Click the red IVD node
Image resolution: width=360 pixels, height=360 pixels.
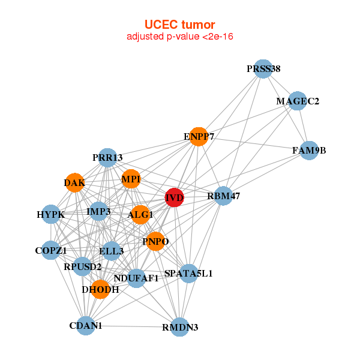pos(174,198)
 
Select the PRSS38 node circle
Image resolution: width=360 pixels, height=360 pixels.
pos(263,69)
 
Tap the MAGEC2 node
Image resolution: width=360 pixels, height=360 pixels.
pos(298,101)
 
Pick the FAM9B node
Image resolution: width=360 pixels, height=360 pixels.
pos(308,150)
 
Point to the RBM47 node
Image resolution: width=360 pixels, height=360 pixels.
pos(223,196)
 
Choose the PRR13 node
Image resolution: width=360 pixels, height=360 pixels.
pos(107,158)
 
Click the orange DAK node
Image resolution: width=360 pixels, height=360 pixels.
pos(74,182)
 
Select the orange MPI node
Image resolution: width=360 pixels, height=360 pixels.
pos(131,179)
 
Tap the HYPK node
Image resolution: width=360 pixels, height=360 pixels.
pos(50,214)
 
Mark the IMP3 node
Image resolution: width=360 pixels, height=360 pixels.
pos(98,211)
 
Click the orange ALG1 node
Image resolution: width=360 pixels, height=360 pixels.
pos(140,215)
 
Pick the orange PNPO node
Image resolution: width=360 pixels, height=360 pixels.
pos(155,241)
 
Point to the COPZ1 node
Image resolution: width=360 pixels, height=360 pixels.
pos(50,250)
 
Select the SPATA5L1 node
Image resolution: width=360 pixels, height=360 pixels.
pos(188,274)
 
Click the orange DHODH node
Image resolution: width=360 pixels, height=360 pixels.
pos(100,289)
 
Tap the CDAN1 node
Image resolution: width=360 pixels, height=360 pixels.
pos(86,326)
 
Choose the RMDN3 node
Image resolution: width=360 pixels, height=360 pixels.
pos(180,327)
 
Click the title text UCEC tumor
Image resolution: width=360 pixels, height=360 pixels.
pos(180,25)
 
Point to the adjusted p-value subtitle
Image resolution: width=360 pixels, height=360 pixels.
pos(180,37)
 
